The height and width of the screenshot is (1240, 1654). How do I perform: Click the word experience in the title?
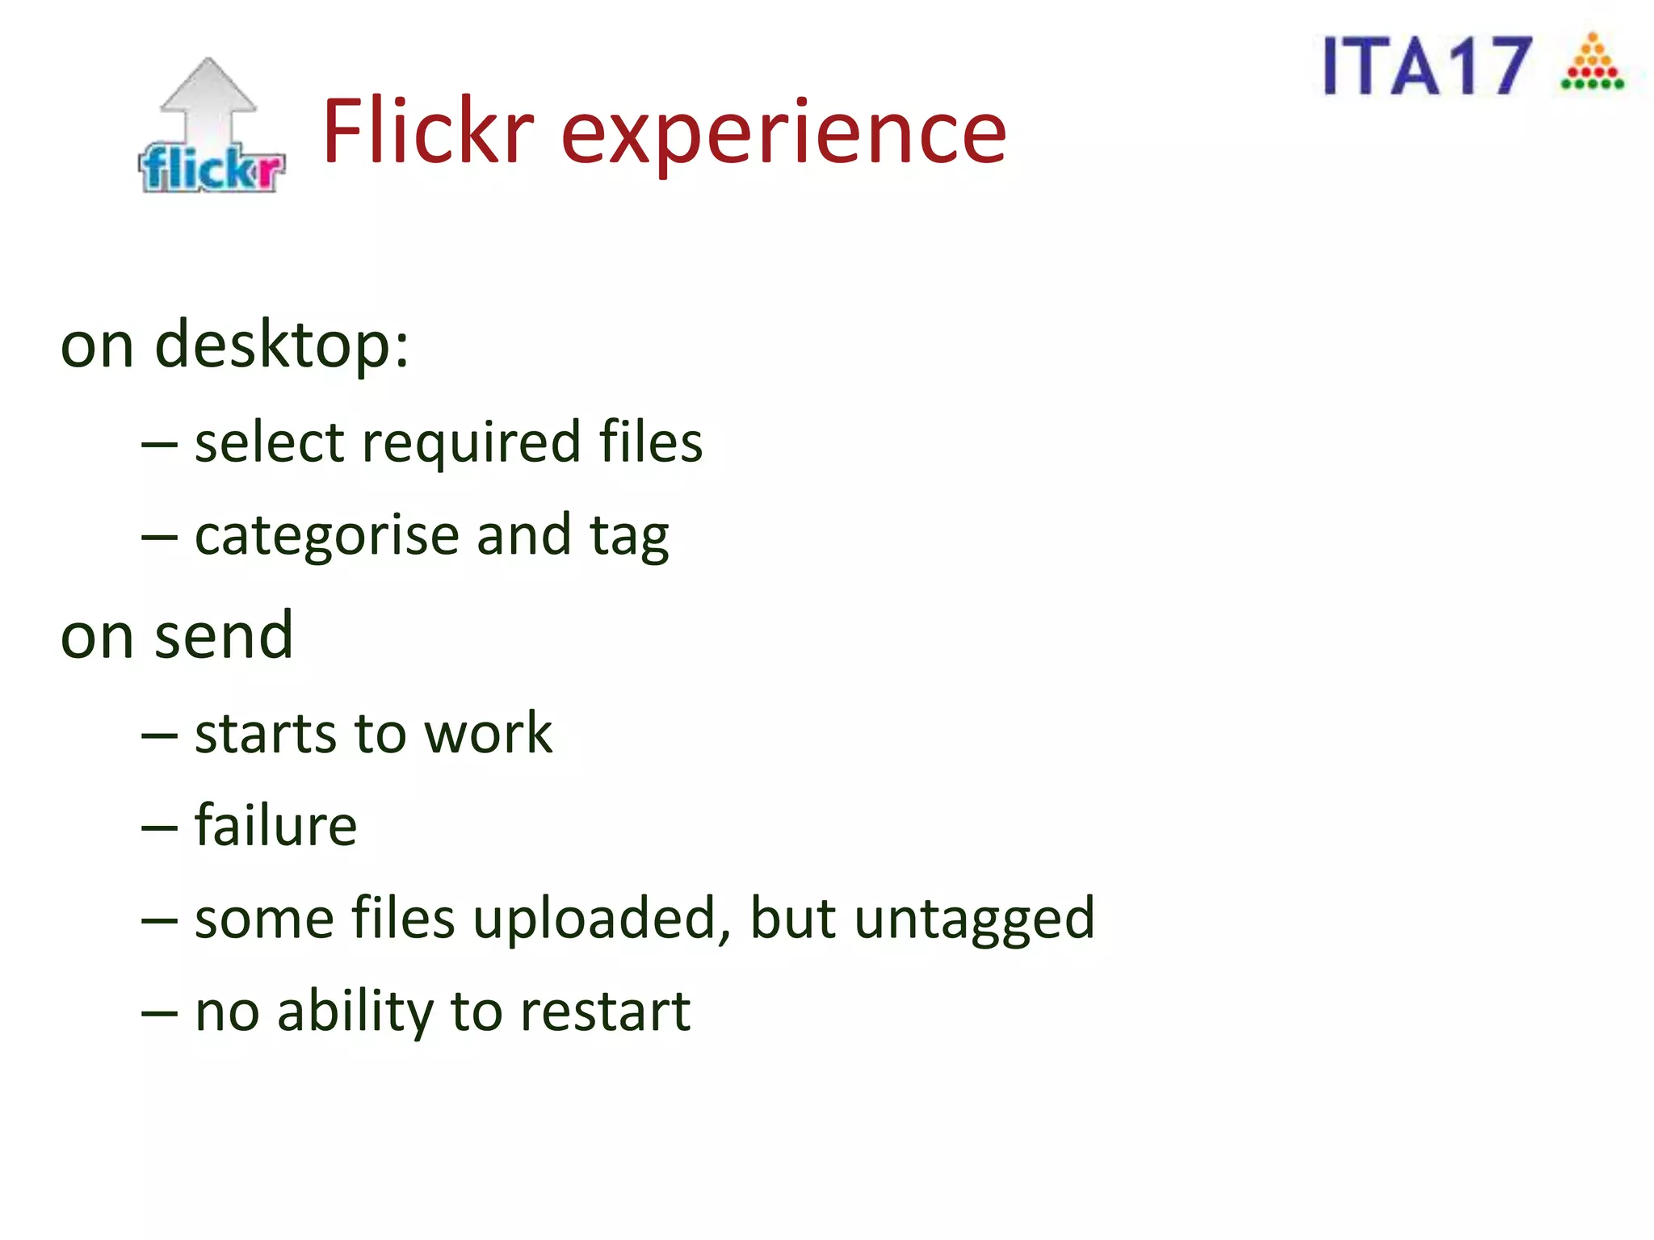point(783,133)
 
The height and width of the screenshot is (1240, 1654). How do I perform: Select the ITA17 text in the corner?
point(1427,66)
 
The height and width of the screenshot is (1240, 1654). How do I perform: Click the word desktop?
point(282,346)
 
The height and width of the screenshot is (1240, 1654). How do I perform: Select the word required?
point(471,443)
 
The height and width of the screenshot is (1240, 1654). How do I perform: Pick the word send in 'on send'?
point(224,636)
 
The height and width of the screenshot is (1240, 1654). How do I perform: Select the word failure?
point(275,826)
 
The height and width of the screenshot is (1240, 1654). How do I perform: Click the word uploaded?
point(602,920)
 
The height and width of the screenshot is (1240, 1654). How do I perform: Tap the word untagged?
point(974,920)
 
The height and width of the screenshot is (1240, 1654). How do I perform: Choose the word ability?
point(355,1012)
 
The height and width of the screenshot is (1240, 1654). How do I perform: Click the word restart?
point(605,1012)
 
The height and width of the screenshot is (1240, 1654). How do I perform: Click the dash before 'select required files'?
point(159,445)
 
